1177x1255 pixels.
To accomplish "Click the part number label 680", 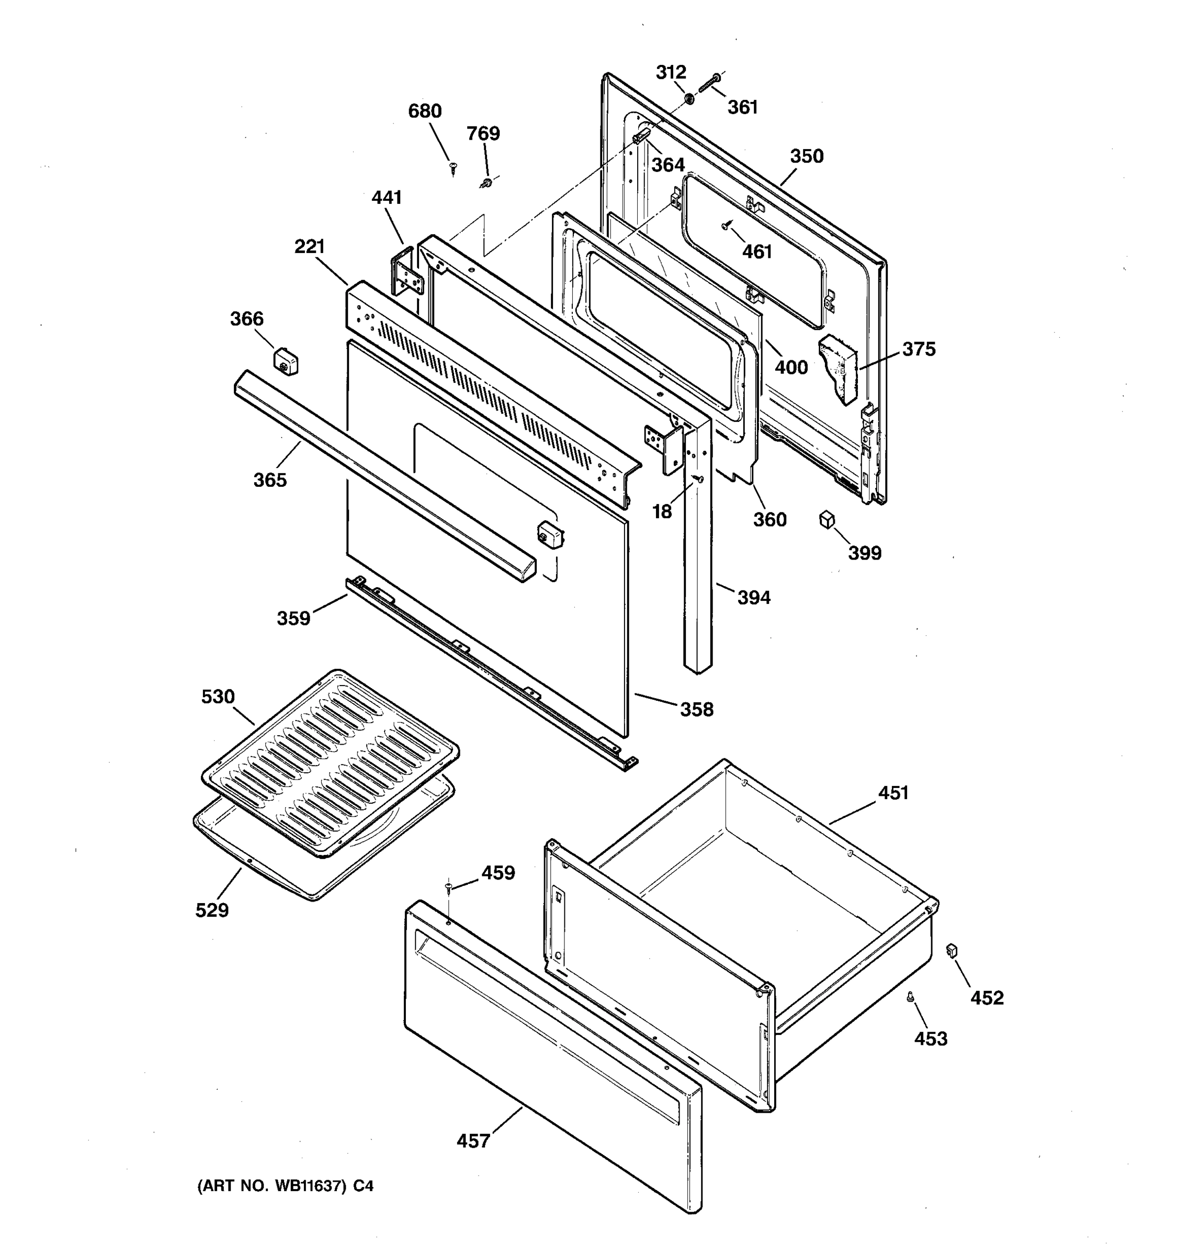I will point(424,111).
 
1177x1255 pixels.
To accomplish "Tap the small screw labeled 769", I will point(486,183).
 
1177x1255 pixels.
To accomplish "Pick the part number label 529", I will point(211,910).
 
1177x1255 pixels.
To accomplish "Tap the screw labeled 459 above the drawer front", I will point(448,888).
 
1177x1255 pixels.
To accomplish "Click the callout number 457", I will point(473,1140).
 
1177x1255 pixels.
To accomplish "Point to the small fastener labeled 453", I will point(910,996).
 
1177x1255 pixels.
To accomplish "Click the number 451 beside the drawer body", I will point(893,793).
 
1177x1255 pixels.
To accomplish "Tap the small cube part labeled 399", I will point(827,520).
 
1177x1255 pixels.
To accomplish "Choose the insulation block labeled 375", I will point(839,369).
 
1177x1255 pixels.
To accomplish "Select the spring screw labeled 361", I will point(710,83).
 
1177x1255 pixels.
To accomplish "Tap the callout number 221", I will point(309,246).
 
